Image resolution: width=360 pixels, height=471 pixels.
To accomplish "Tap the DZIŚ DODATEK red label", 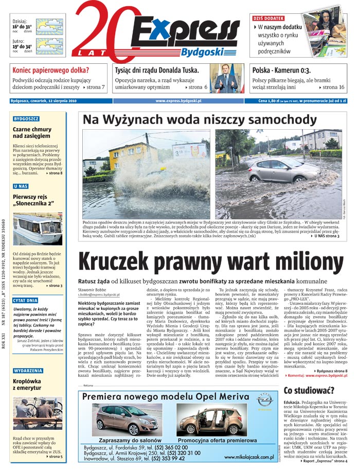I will coord(269,18).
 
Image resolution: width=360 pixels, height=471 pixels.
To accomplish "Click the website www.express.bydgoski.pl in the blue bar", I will coord(178,101).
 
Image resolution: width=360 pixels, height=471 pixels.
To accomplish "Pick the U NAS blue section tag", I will coord(21,186).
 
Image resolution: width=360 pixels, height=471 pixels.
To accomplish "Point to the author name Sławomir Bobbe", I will coord(92,290).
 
